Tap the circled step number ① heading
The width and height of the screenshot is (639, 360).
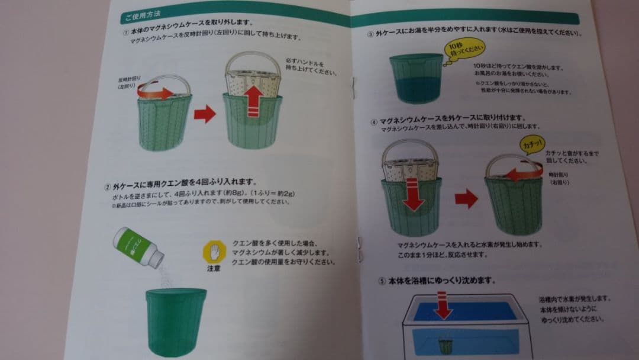[125, 33]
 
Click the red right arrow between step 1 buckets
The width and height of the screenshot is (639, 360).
[204, 114]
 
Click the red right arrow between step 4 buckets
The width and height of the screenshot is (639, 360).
[466, 198]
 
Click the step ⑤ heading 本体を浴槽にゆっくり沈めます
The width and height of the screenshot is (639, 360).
[441, 279]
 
